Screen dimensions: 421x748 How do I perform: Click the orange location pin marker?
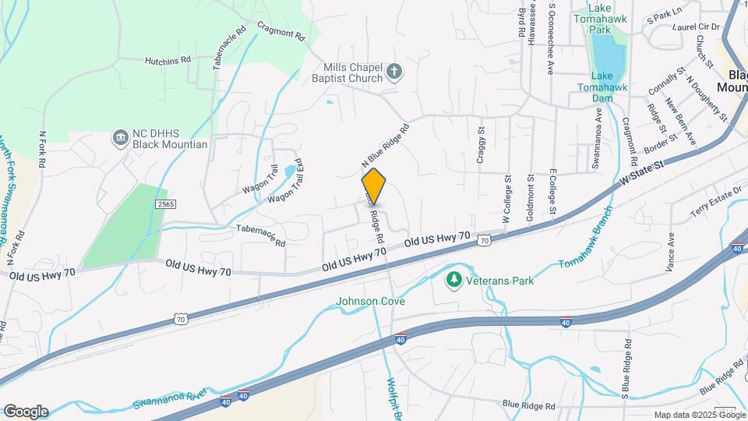(374, 186)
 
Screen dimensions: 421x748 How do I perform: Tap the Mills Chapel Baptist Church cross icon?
(394, 73)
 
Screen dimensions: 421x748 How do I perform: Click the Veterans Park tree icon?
(453, 279)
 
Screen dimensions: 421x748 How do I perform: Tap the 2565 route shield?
(164, 203)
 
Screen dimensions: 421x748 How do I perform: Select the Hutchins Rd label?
(168, 59)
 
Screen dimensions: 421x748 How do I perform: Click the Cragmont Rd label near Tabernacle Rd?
(279, 34)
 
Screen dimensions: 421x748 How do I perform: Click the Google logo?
(26, 412)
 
